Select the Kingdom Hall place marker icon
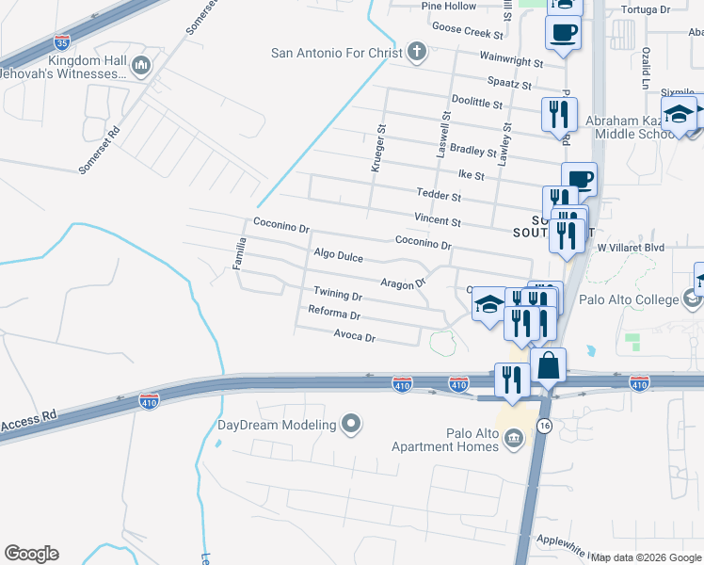(141, 64)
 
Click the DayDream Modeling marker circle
(351, 425)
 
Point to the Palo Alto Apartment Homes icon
(514, 438)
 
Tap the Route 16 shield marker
(544, 427)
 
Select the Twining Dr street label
(338, 294)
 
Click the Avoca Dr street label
(355, 336)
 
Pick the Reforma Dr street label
(335, 312)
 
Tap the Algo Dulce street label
(338, 254)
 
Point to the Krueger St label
(382, 140)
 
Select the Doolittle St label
(477, 100)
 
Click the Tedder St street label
(439, 196)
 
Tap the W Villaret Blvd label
(632, 248)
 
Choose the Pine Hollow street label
(449, 6)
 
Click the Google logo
(31, 554)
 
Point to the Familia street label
(240, 253)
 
